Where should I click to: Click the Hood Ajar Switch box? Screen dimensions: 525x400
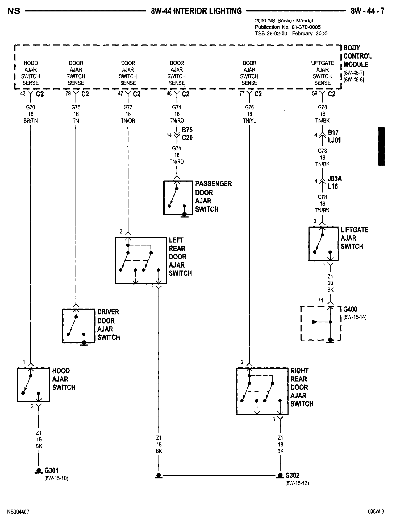click(34, 385)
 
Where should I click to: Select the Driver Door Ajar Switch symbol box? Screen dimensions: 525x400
click(78, 326)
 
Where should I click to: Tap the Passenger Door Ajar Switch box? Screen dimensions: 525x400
click(178, 198)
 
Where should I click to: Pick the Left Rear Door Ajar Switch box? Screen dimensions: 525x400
click(141, 261)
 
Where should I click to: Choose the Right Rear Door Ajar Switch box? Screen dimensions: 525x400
click(262, 391)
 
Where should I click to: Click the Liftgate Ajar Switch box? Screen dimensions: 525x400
click(323, 244)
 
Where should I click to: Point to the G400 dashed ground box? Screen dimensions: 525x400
click(321, 323)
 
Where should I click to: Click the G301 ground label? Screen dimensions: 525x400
click(51, 470)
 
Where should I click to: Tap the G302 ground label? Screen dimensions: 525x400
click(292, 475)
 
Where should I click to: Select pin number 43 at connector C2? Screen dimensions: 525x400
click(23, 94)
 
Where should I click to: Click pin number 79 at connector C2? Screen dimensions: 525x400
click(68, 94)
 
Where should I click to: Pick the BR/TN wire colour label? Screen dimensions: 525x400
click(31, 121)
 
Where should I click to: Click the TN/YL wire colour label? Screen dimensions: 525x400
click(249, 121)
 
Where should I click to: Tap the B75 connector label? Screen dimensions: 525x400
click(187, 130)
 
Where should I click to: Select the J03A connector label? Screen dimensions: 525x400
click(335, 178)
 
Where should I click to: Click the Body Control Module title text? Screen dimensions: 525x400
click(357, 56)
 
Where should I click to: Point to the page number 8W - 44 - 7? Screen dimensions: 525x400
click(368, 11)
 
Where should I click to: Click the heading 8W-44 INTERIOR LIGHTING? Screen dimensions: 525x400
click(196, 11)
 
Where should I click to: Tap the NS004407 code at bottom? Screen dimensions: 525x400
click(18, 512)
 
